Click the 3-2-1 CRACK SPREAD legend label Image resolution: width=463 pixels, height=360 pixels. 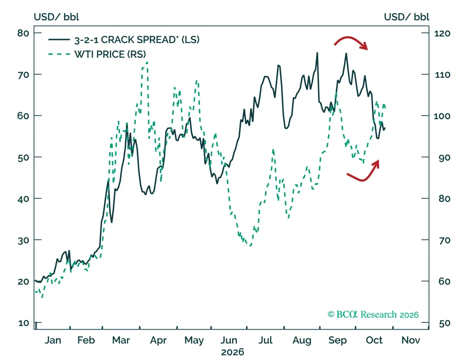point(137,40)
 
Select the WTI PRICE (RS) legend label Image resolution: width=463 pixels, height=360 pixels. point(110,54)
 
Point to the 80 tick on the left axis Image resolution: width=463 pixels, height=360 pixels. point(23,33)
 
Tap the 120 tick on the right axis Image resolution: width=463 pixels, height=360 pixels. point(443,34)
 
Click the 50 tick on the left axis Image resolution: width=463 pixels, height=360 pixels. point(23,158)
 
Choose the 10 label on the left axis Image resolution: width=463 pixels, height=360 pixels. point(24,323)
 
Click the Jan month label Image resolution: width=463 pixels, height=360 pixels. point(53,340)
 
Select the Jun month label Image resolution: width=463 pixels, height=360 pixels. point(229,340)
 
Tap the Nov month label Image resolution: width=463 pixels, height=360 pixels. point(411,340)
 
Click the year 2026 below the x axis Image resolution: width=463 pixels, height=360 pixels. point(232,352)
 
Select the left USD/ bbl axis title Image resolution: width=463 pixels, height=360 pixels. point(56,17)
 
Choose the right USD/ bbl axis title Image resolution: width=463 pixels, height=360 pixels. point(407,17)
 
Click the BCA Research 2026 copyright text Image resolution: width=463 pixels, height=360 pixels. point(373,315)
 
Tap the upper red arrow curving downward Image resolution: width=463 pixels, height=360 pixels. point(350,37)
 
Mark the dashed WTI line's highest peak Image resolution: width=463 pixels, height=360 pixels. point(147,62)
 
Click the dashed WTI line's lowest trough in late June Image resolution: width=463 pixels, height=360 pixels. point(251,246)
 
